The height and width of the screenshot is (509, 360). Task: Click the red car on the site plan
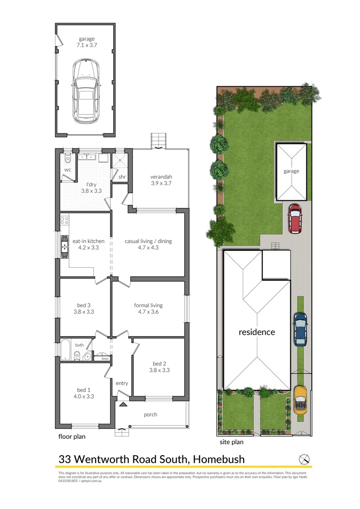click(x=295, y=218)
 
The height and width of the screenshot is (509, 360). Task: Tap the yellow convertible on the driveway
click(x=300, y=399)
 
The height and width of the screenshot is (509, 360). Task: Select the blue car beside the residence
click(x=300, y=328)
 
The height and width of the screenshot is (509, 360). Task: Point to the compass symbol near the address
click(x=305, y=459)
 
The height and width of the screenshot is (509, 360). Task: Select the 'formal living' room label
click(x=148, y=305)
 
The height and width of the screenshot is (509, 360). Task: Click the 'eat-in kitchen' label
click(x=85, y=241)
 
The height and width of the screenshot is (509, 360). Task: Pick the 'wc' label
click(x=67, y=170)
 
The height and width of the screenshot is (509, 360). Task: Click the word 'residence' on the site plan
click(x=257, y=332)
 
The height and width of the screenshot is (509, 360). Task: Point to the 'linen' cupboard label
click(x=105, y=359)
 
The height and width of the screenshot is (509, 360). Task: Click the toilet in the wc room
click(x=67, y=157)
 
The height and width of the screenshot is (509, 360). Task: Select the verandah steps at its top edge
click(x=158, y=140)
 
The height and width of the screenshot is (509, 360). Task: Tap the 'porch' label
click(x=151, y=415)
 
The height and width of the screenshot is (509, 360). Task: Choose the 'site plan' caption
click(x=232, y=442)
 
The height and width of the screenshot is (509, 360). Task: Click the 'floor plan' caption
click(x=72, y=436)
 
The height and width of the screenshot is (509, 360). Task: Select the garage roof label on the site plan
click(x=291, y=171)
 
